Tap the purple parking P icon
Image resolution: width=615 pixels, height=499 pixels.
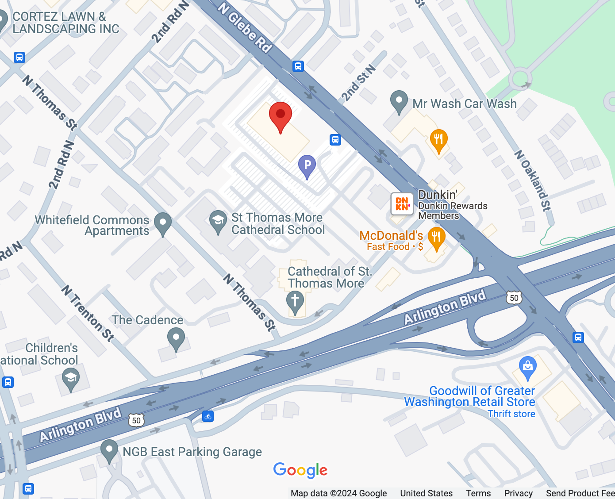pos(307,165)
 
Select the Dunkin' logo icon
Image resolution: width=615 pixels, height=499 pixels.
pos(402,204)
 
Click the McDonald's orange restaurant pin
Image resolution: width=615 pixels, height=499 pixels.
pos(436,238)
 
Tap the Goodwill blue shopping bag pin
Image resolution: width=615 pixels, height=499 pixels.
pos(527,367)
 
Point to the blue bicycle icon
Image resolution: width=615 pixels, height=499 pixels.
pos(208,416)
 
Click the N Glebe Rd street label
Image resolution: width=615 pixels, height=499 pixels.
pos(245,27)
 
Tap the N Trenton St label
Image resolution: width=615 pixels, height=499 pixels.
pos(88,313)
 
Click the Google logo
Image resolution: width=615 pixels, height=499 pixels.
pos(300,470)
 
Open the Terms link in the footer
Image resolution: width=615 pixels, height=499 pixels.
pos(478,493)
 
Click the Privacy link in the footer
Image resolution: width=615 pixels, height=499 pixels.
pos(518,493)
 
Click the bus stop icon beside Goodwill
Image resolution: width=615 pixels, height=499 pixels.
pos(578,338)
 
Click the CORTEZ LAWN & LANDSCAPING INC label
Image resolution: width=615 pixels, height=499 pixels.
pos(65,23)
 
